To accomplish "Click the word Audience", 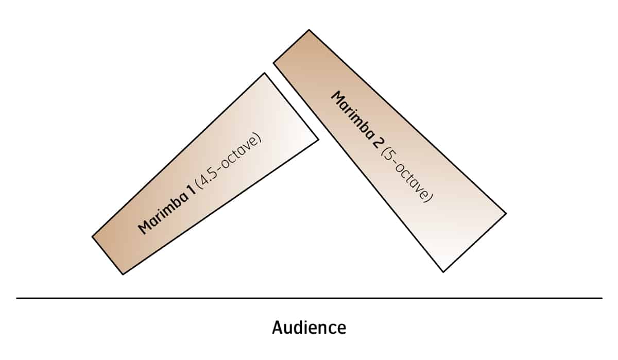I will pos(309,328).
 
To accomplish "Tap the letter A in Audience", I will pos(278,328).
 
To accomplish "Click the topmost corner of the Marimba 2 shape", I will pos(309,30).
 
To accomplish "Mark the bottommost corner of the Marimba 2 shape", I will pos(443,271).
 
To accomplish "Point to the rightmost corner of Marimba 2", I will pos(506,213).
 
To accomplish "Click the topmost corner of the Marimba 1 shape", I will pos(264,73).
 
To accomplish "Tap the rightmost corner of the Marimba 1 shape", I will pos(319,139).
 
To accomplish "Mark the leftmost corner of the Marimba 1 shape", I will pos(93,237).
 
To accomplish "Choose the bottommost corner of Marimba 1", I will pos(123,274).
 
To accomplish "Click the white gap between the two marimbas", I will pos(294,98).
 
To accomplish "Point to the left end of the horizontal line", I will pos(17,298).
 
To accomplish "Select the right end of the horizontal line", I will pos(602,298).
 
